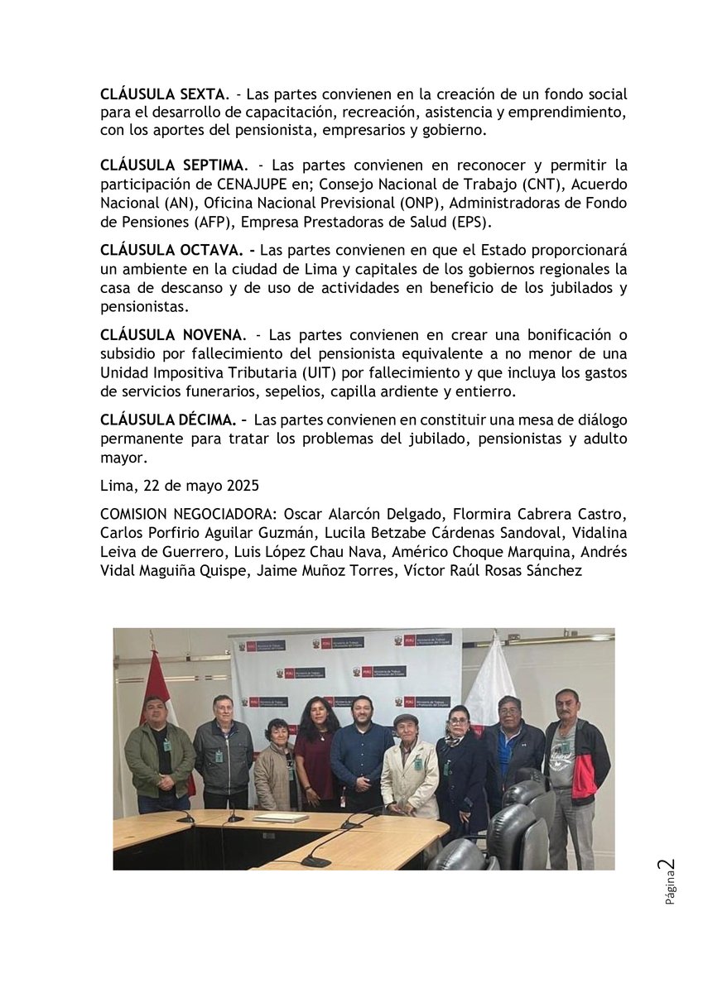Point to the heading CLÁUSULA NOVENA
point(172,336)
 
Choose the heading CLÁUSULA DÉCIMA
point(168,421)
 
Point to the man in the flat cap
point(408,761)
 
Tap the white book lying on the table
point(281,818)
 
